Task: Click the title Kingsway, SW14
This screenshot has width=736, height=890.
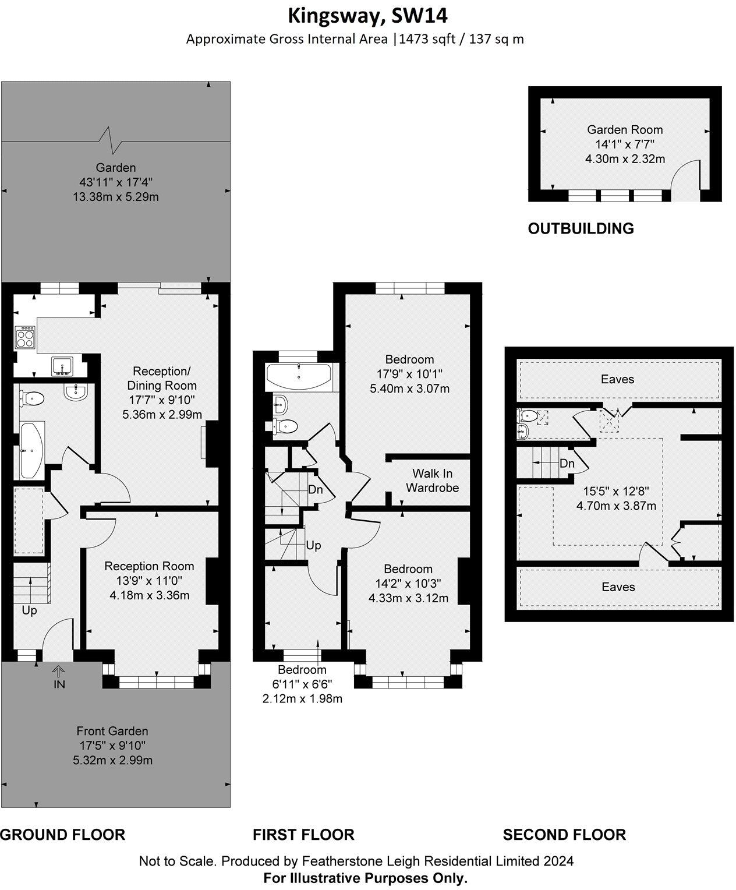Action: point(368,15)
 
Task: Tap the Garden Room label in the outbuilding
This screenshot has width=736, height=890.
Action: point(624,130)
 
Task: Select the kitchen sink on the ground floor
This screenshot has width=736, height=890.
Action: point(61,366)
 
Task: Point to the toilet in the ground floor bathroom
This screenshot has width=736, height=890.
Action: point(33,399)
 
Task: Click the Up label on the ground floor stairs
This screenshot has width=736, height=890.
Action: point(29,610)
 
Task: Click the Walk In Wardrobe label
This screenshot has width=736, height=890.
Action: point(432,481)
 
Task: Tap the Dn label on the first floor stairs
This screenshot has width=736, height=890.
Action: point(315,489)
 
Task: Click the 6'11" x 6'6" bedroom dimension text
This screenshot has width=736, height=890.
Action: point(302,684)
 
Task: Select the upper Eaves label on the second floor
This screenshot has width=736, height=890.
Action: point(617,379)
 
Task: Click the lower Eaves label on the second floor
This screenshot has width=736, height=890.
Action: point(618,587)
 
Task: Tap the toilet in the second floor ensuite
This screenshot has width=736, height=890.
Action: point(528,416)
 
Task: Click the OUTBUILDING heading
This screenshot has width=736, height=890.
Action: point(581,228)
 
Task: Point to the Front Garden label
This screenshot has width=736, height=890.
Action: point(112,731)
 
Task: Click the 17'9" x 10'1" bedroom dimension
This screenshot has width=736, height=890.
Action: point(409,374)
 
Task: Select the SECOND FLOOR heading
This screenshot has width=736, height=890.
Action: point(564,835)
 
